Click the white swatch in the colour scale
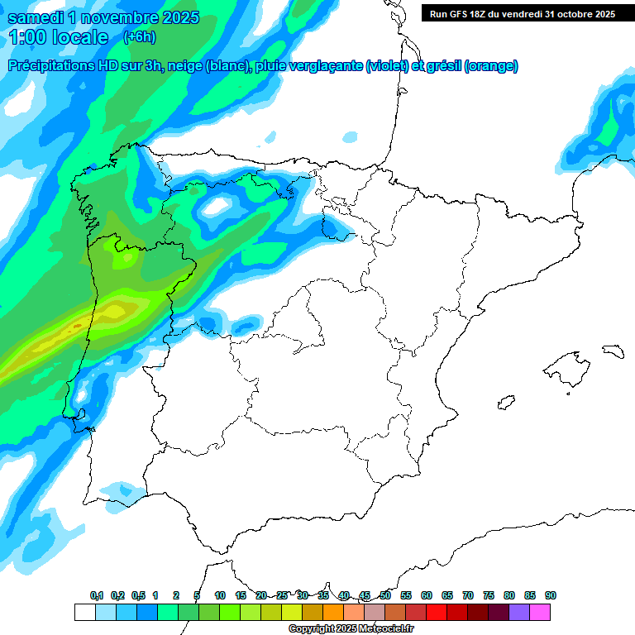point(84,612)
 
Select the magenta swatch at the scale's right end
point(540,612)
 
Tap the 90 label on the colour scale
point(551,595)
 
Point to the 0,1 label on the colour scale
point(97,595)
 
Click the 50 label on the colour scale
point(385,595)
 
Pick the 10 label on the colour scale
point(220,595)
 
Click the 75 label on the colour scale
point(489,595)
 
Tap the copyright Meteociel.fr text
point(351,629)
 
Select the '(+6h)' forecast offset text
point(139,37)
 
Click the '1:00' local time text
point(28,37)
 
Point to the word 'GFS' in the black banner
point(463,14)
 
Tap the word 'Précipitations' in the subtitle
point(51,66)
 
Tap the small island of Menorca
point(612,351)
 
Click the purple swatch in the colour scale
point(519,612)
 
